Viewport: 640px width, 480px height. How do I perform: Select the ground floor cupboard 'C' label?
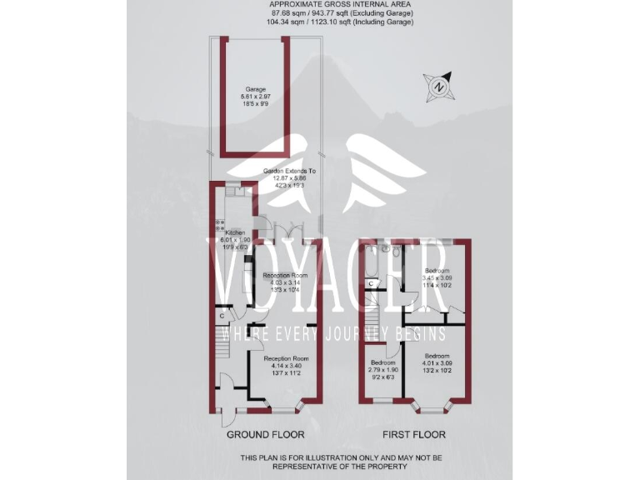click(x=222, y=317)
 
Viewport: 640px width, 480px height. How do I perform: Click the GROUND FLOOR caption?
click(x=266, y=435)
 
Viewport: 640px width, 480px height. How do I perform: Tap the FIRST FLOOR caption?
click(x=413, y=435)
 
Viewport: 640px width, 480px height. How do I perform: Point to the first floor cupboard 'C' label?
click(x=370, y=283)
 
